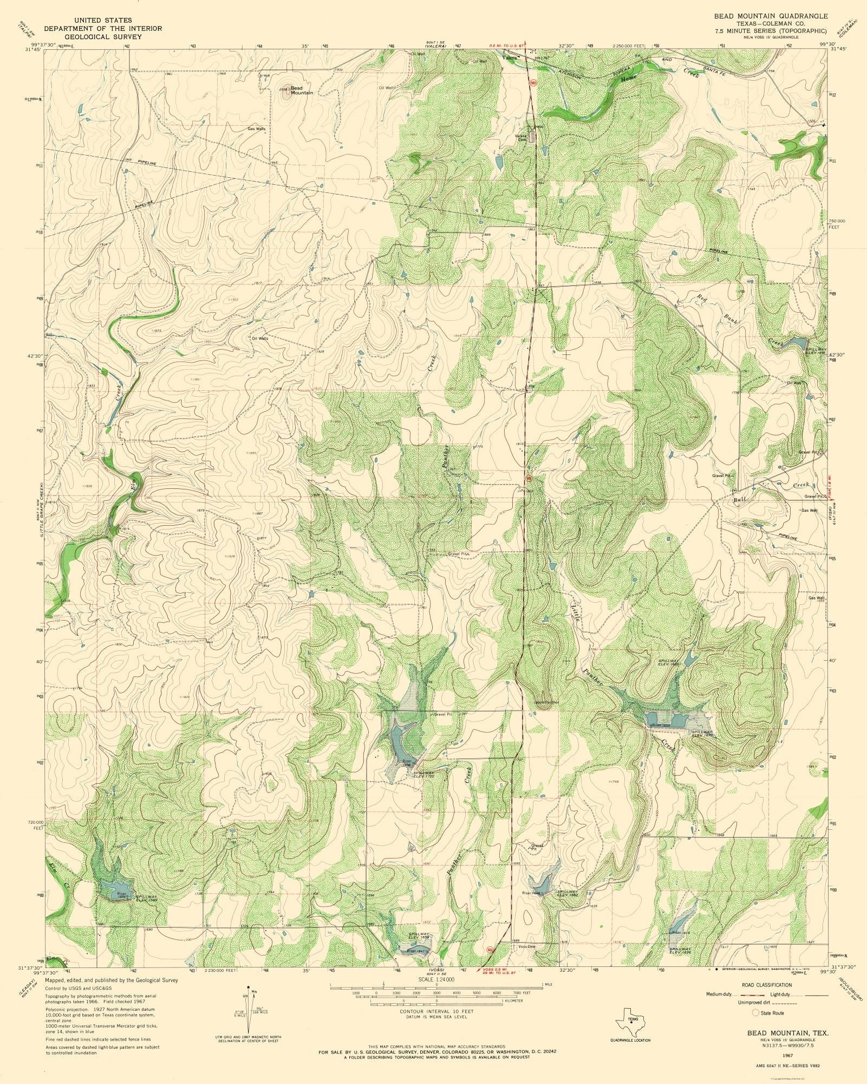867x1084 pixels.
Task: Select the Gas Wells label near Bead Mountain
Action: [257, 129]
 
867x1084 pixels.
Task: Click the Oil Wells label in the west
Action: [260, 338]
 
